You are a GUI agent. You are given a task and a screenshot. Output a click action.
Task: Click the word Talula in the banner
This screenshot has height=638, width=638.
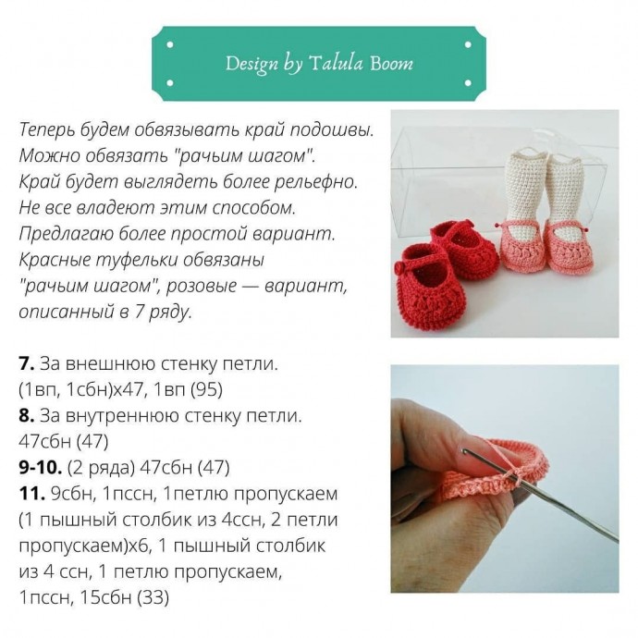336,63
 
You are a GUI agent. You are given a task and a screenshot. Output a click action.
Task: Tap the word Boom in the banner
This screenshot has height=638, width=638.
391,63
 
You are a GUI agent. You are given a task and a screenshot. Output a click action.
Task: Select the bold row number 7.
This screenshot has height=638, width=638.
27,363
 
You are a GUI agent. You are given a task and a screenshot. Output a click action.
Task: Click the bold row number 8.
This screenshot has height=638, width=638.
27,415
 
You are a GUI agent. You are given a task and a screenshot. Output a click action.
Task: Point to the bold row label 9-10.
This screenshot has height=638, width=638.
41,468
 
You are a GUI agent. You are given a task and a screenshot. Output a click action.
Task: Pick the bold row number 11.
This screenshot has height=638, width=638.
31,494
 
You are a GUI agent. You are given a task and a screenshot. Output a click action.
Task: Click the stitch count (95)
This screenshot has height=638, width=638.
206,390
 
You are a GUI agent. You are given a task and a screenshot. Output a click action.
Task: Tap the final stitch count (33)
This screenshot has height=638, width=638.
153,597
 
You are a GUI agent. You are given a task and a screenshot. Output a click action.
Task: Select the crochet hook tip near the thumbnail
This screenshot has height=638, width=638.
464,450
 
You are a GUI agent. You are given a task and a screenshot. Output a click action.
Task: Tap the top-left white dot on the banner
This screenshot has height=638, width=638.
170,44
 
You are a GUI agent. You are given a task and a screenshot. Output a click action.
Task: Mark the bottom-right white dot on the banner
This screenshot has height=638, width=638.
468,83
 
